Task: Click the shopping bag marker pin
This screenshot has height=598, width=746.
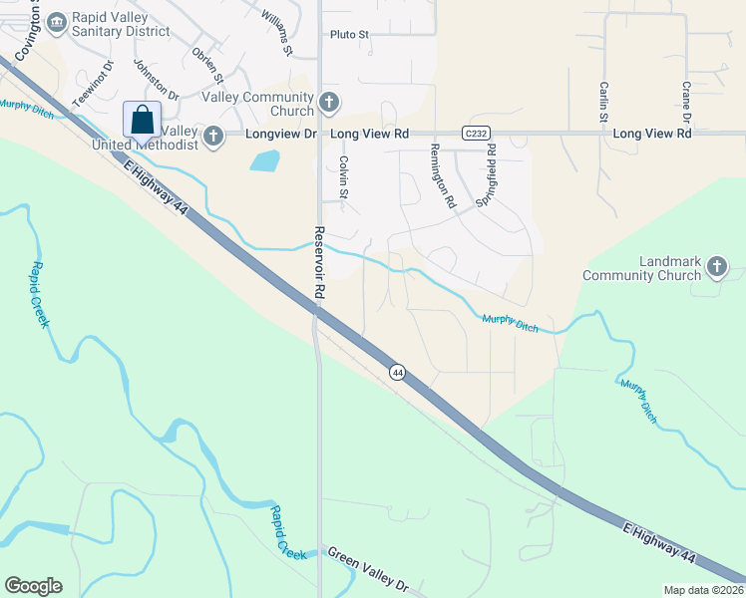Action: point(142,120)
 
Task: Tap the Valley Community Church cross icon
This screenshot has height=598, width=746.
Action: point(329,102)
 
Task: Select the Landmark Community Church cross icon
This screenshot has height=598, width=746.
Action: point(716,266)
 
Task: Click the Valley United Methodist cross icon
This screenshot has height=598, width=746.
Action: point(212,137)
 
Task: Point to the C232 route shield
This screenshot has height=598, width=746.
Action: point(475,133)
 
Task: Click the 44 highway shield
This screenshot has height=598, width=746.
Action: point(397,372)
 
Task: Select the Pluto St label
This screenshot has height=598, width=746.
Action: point(349,34)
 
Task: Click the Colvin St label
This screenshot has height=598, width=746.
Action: point(342,177)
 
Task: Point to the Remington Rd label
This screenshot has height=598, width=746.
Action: point(442,175)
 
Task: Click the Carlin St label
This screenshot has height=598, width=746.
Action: point(603,103)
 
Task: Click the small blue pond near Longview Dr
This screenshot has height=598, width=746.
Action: point(263,159)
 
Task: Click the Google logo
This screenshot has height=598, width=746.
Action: point(33,586)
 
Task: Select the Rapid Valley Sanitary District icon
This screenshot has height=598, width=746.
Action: point(55,20)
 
